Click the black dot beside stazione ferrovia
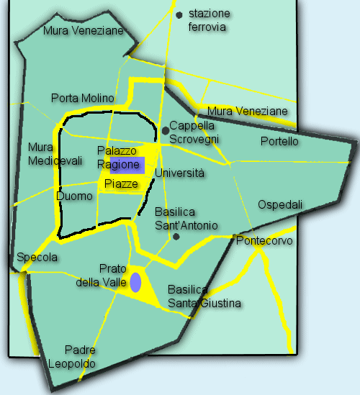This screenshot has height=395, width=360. coord(178,14)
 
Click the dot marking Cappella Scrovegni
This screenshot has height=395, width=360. coord(166,130)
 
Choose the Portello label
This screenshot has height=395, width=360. coord(279,141)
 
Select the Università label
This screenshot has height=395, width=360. coord(180,173)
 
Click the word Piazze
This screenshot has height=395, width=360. coord(120,184)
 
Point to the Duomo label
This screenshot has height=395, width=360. coord(74,196)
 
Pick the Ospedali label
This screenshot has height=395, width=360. coord(280,204)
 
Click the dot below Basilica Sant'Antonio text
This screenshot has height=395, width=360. coord(176,236)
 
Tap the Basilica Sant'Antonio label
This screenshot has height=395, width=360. coord(186,219)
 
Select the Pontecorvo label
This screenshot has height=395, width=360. coord(264,241)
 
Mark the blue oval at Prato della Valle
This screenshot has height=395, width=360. coord(135,282)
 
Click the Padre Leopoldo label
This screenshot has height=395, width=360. coord(71,357)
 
